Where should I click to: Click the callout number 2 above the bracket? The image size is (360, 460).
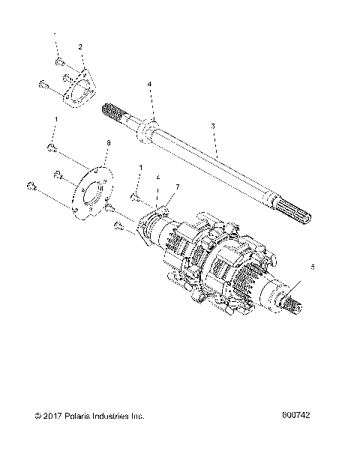[x=80, y=47]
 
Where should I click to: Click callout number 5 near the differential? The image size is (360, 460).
[x=313, y=266]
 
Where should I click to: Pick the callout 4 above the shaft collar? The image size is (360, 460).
[x=150, y=85]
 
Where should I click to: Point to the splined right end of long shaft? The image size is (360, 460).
[x=307, y=217]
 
